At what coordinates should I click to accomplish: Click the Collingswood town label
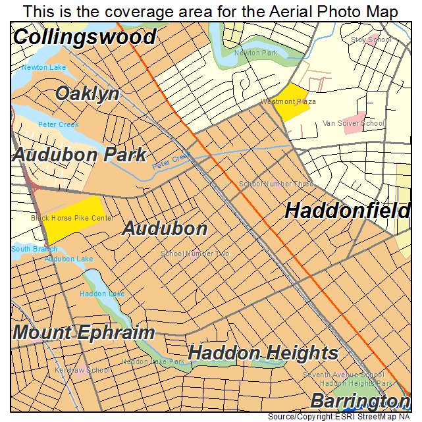84,37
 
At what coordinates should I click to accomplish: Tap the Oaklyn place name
88,93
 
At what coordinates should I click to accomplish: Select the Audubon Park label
79,155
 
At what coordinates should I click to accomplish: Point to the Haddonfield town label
348,211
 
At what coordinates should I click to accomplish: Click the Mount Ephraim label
84,332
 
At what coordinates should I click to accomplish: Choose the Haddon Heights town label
263,353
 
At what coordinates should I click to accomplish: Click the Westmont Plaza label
288,102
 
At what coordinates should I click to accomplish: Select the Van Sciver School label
354,123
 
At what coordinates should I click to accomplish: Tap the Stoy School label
371,40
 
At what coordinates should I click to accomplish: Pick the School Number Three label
276,184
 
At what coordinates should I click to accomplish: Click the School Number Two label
196,253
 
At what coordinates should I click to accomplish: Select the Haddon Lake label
102,294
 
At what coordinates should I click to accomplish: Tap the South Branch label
34,250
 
